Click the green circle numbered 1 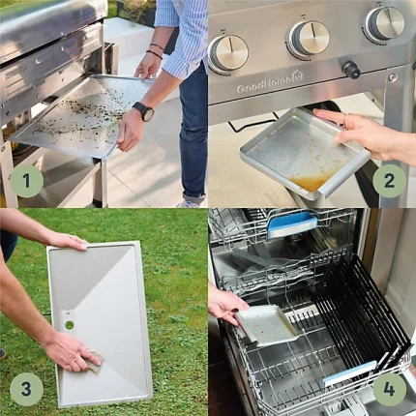tap(26, 181)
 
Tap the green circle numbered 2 tap(389, 181)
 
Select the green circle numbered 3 tap(26, 389)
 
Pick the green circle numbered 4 tap(389, 389)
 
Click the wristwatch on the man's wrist tap(144, 110)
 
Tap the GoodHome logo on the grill tap(270, 84)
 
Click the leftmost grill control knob tap(228, 53)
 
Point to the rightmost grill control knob tap(385, 24)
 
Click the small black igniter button tap(350, 70)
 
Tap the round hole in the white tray tap(70, 325)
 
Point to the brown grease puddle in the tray tap(309, 182)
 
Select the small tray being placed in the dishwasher tap(266, 325)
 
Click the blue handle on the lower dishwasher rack tap(350, 373)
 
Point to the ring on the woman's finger tap(344, 120)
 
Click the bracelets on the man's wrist tap(155, 50)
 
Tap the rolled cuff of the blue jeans tap(194, 196)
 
